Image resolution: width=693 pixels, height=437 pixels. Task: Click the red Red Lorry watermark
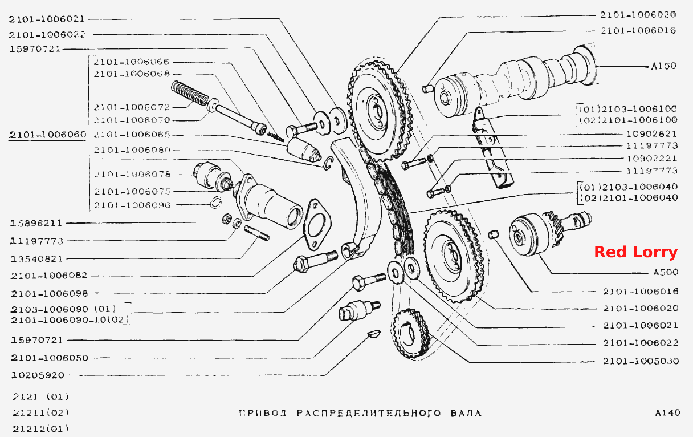pos(636,252)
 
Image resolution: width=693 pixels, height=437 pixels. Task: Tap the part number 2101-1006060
pos(48,135)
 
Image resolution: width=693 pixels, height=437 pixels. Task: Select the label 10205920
pos(38,375)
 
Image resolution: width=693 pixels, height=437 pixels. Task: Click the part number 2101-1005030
pos(641,361)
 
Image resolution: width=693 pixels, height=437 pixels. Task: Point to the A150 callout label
pos(664,66)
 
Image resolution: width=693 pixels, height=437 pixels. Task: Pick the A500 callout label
pos(666,272)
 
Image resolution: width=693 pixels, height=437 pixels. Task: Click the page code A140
pos(667,413)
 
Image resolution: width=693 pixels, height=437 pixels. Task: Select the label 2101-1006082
pos(49,276)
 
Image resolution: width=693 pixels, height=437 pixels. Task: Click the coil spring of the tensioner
pos(190,93)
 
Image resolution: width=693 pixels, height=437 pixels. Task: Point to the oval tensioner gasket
pos(317,224)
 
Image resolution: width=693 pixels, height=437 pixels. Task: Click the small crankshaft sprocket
pos(411,334)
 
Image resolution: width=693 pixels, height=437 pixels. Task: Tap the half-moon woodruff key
pos(374,334)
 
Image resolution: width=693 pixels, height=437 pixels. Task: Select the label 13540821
pos(36,258)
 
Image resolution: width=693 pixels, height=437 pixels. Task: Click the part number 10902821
pos(652,134)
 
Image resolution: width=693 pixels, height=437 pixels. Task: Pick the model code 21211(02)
pos(41,413)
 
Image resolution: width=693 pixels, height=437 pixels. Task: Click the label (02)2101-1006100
pos(629,120)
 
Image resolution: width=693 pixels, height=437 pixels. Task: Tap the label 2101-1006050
pos(50,358)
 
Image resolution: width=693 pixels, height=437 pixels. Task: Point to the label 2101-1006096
pos(132,205)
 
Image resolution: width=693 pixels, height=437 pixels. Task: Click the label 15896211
pos(36,223)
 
